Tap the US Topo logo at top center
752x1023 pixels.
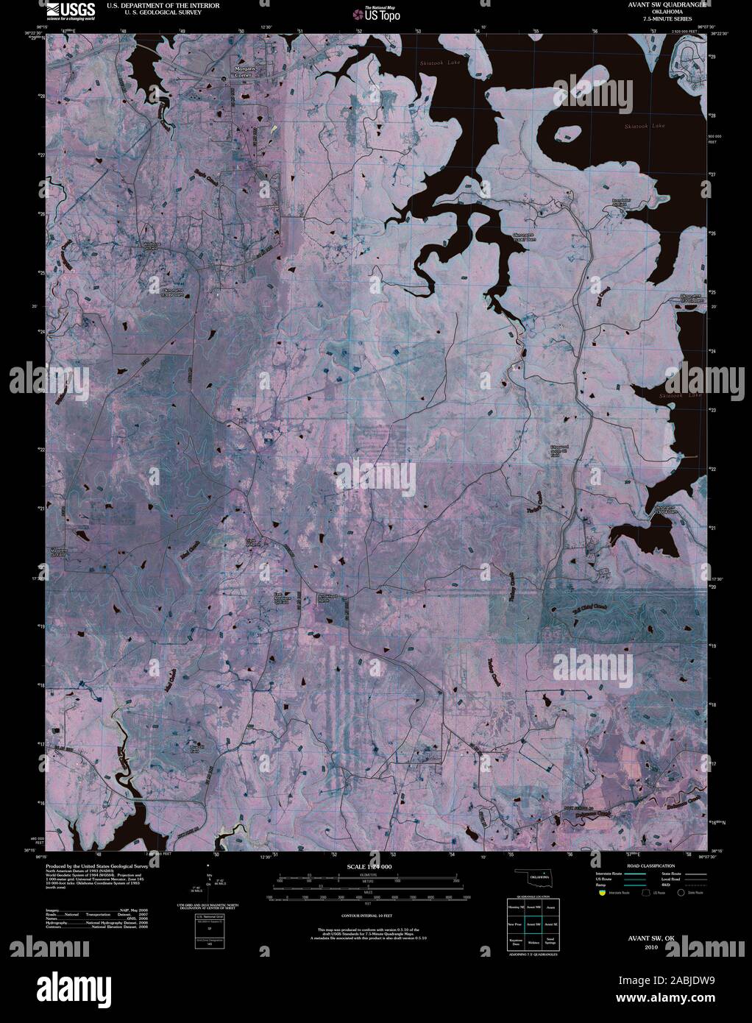(x=377, y=13)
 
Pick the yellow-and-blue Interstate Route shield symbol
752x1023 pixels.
(x=601, y=893)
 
